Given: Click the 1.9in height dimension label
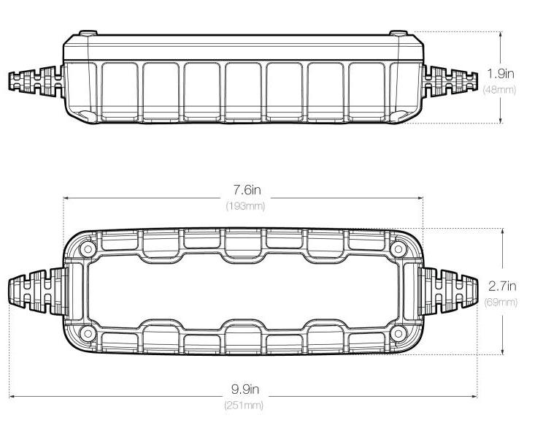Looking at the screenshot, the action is click(x=500, y=74).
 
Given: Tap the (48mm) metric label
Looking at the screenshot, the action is click(x=499, y=90).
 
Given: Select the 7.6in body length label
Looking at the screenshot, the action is click(x=247, y=189).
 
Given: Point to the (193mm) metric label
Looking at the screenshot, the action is click(x=245, y=206).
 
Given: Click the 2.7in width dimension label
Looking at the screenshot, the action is click(x=502, y=286).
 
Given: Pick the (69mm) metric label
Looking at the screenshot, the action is click(x=501, y=303).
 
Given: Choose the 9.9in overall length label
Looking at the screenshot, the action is click(x=245, y=389).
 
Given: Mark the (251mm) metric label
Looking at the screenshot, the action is click(x=244, y=406).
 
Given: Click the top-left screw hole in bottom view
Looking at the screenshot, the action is click(x=88, y=248).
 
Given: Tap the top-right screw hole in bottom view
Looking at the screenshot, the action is click(x=398, y=248).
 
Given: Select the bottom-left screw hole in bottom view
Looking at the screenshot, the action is click(x=88, y=333).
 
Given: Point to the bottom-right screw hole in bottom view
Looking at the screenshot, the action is click(x=398, y=333).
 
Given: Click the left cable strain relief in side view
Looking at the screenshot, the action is click(x=36, y=81).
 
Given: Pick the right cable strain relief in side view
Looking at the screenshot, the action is click(x=450, y=81).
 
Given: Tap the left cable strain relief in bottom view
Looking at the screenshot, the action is click(x=38, y=292).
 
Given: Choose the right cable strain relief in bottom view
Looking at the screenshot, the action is click(x=447, y=292).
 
